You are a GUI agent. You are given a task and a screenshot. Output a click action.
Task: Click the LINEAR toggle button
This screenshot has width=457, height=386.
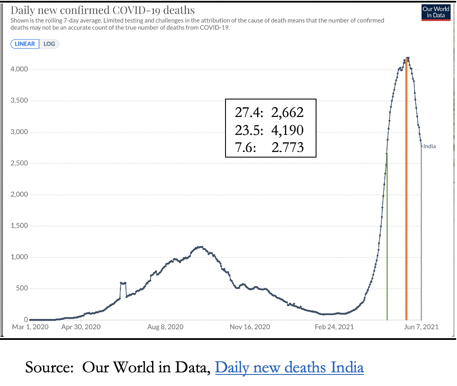(x=25, y=44)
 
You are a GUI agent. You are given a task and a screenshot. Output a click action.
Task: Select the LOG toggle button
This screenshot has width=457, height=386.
(x=49, y=44)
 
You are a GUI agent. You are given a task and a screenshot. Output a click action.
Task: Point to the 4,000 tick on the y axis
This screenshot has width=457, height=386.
(x=20, y=69)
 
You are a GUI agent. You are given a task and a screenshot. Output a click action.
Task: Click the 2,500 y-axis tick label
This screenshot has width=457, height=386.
(x=20, y=163)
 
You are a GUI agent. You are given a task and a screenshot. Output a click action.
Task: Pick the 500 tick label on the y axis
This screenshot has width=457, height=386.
(x=22, y=288)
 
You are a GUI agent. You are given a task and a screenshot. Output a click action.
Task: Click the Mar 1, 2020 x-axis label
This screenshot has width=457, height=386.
(x=30, y=328)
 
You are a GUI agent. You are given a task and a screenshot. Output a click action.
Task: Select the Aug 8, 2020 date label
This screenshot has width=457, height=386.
(x=165, y=328)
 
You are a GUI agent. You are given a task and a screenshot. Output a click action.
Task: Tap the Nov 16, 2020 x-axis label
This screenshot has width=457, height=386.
(x=250, y=328)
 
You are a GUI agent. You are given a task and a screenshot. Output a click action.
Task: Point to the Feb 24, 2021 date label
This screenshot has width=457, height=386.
(x=335, y=328)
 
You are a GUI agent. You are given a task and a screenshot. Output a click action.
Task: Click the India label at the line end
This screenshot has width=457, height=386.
(x=430, y=146)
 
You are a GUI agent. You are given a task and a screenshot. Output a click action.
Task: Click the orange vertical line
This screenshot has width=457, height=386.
(x=406, y=192)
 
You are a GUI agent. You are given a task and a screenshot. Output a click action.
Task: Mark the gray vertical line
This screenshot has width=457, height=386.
(x=422, y=235)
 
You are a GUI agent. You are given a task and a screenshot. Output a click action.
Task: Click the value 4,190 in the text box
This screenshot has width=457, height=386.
(x=287, y=130)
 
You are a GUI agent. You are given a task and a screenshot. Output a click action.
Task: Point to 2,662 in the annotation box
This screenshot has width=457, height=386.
(x=287, y=112)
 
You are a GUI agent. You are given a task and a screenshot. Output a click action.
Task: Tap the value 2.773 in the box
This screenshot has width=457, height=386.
(x=287, y=147)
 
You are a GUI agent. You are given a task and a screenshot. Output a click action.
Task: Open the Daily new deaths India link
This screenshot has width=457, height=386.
(x=289, y=367)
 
